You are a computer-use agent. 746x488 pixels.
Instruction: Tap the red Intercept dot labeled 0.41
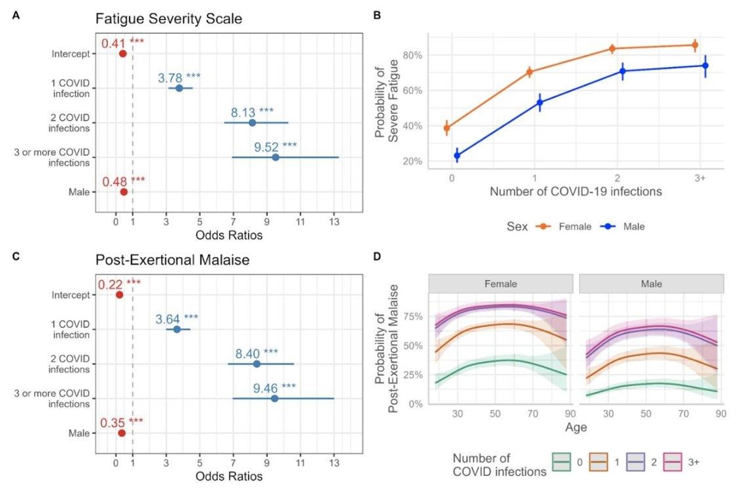(x=123, y=54)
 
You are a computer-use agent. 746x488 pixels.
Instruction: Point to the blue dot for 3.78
(x=180, y=88)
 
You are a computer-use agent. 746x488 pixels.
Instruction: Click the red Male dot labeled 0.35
(x=121, y=433)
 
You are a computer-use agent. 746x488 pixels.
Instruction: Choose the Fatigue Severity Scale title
(x=169, y=19)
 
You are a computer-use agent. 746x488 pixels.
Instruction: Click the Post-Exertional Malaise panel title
(x=173, y=261)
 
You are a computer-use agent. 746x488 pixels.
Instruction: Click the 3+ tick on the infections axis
(x=700, y=178)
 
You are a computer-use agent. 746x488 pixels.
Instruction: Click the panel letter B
(x=378, y=16)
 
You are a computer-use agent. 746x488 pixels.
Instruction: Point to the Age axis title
(x=575, y=427)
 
